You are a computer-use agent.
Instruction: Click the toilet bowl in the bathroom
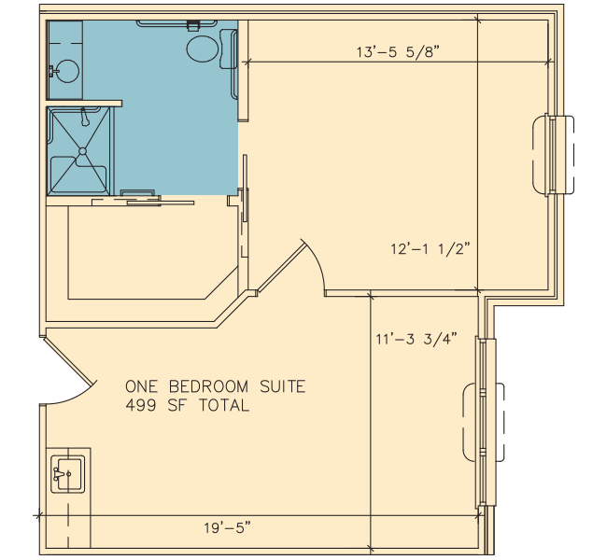coord(202,49)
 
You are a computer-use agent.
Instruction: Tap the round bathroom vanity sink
coord(68,71)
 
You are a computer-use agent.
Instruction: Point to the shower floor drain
coord(82,151)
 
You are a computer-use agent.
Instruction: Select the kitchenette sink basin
coord(68,474)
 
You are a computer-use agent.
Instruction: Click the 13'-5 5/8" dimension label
coord(399,52)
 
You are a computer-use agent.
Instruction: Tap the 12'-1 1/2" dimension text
coord(431,248)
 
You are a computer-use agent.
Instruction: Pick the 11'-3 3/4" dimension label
coord(416,339)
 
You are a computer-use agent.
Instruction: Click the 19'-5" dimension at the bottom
coord(228,527)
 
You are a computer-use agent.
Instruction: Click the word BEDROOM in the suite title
coord(208,386)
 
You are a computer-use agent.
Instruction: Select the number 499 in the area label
coord(141,406)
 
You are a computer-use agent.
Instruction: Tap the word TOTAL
coord(224,406)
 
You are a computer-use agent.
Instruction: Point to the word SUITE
coord(283,386)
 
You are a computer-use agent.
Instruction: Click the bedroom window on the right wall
coord(552,155)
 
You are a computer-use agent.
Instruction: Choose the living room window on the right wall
coord(483,422)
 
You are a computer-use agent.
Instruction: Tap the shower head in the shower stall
coord(84,118)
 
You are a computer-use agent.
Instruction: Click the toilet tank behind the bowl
coord(227,49)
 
